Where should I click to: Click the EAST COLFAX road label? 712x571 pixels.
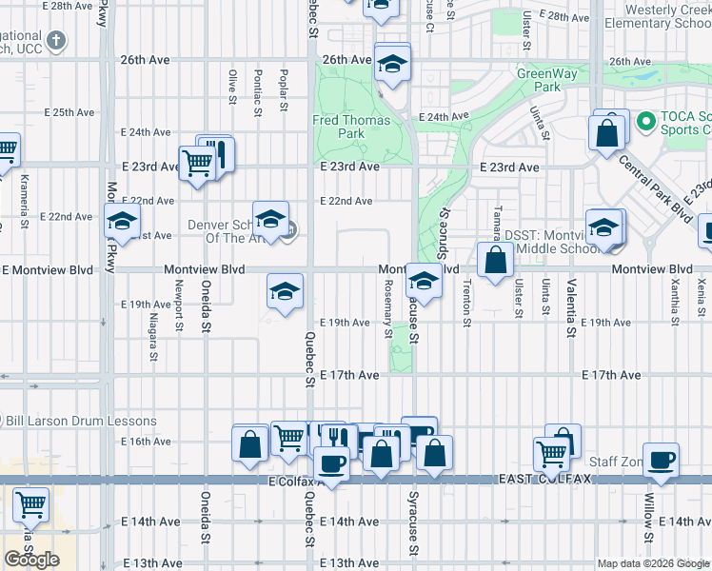pos(545,478)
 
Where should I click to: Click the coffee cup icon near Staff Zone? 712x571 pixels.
pos(662,461)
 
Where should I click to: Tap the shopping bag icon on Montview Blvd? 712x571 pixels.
pos(496,260)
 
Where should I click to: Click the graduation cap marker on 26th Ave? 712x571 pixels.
pos(390,65)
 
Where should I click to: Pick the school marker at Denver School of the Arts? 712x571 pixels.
pos(270,220)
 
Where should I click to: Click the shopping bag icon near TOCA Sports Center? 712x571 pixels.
pos(607,132)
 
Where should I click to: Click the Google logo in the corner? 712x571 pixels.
pos(31,560)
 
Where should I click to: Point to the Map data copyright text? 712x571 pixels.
pos(653,563)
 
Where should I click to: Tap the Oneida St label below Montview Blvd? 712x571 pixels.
pos(206,308)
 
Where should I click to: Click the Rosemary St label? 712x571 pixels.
pos(387,313)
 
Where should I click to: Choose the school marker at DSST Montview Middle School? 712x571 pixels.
pos(603,228)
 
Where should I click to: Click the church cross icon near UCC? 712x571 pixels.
pos(57,40)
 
